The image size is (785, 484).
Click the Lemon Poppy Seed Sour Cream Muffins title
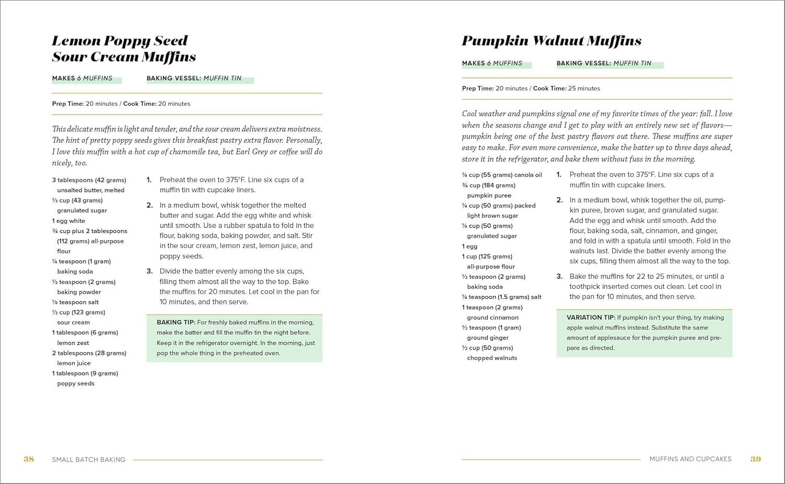point(124,49)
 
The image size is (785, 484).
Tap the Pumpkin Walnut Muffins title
point(551,41)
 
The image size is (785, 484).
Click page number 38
point(29,459)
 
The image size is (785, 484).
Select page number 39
point(755,459)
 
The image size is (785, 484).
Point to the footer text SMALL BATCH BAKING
point(88,460)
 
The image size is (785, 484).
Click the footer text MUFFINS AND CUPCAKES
point(690,459)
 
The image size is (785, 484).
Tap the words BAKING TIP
point(176,322)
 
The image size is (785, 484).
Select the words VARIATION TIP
point(590,318)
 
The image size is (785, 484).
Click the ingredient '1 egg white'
point(69,221)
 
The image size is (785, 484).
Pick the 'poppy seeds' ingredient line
point(76,384)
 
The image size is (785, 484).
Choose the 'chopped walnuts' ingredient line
point(492,358)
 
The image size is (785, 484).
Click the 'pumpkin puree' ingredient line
point(489,196)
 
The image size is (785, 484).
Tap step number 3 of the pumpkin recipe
point(559,276)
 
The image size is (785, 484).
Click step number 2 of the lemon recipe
point(149,205)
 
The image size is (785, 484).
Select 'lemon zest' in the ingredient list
point(73,343)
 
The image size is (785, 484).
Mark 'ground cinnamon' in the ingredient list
point(492,318)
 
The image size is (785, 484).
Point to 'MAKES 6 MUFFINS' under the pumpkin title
point(492,63)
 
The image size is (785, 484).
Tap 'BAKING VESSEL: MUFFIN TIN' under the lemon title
point(194,78)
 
